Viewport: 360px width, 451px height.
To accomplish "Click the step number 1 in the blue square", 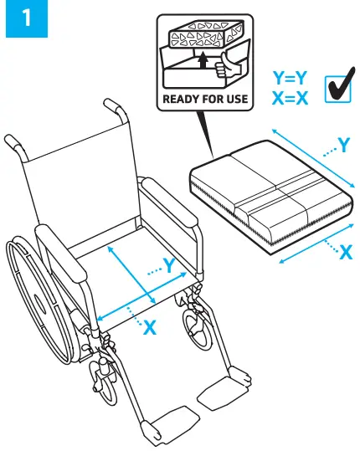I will [x=28, y=22].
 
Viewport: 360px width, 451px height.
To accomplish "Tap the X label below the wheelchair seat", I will [x=150, y=328].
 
